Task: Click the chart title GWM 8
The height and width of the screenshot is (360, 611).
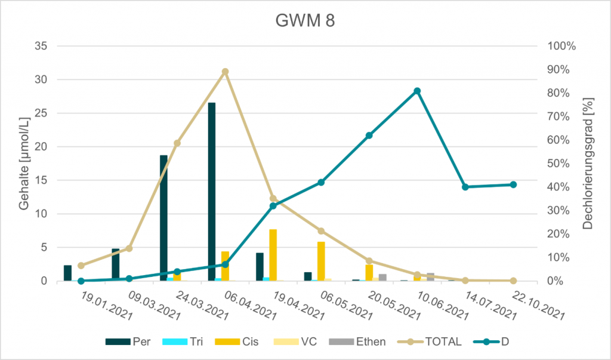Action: click(305, 21)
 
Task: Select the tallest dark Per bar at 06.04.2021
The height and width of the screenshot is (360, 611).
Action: click(212, 191)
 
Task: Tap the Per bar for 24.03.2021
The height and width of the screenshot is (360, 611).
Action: click(163, 218)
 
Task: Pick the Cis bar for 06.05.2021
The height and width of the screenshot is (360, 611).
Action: click(321, 261)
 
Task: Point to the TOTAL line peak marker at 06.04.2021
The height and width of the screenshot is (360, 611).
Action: click(225, 72)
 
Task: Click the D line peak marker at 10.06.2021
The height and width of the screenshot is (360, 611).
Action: click(417, 91)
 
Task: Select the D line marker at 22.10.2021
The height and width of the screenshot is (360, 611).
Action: click(513, 184)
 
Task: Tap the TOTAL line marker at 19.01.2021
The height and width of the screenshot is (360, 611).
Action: click(81, 266)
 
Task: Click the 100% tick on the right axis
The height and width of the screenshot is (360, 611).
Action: click(562, 46)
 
